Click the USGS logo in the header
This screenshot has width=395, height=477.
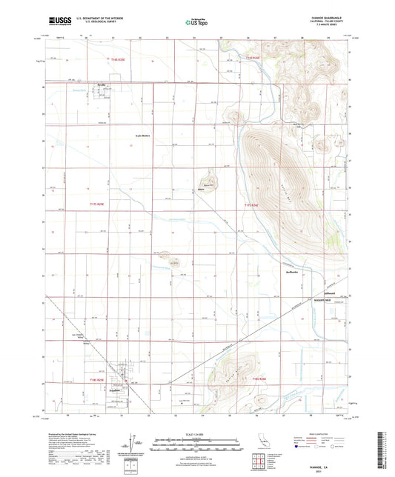click(x=59, y=22)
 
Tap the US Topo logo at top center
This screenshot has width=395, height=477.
click(x=196, y=22)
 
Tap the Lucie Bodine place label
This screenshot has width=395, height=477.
click(x=142, y=136)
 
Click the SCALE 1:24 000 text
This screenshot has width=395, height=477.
click(x=196, y=433)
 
